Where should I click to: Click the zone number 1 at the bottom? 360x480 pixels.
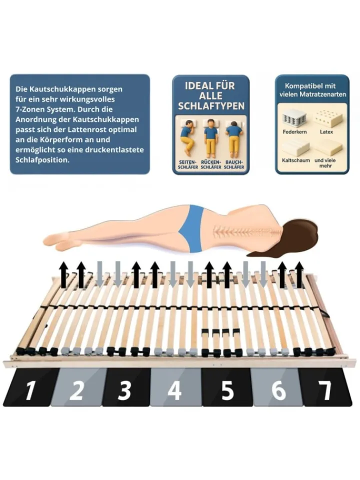coord(29,390)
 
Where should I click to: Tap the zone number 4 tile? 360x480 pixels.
coord(174,390)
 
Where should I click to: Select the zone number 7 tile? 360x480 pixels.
coord(325,390)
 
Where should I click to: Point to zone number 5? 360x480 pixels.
coord(227,390)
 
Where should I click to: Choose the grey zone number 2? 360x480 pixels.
coord(76,390)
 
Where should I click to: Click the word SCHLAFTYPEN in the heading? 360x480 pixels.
coord(211,106)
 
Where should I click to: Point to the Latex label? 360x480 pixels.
coord(326,132)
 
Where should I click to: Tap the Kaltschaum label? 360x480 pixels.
coord(295,160)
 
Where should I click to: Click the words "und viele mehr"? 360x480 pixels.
coord(325,163)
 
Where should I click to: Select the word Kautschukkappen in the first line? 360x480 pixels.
coord(54,89)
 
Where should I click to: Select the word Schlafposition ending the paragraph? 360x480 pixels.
coord(42,160)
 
